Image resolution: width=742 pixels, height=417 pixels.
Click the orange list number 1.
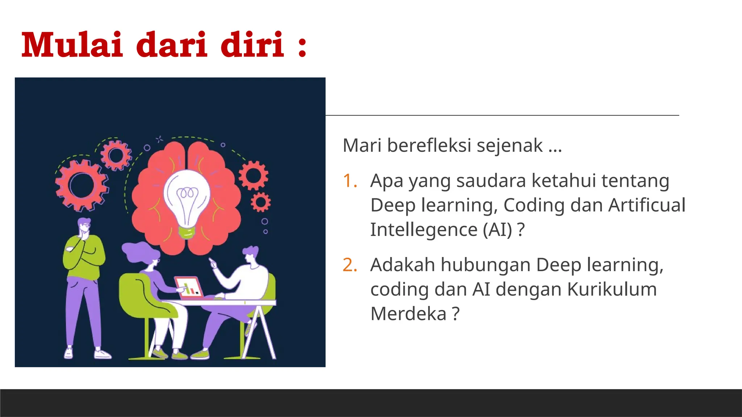point(350,181)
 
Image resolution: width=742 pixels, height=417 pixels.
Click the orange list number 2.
point(350,265)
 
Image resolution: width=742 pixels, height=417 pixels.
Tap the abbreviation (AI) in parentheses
point(497,229)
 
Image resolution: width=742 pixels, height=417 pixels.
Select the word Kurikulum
point(612,289)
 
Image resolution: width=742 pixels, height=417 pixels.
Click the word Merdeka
point(408,313)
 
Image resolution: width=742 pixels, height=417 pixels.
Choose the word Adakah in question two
point(403,265)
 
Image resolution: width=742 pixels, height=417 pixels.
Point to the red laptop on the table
point(188,288)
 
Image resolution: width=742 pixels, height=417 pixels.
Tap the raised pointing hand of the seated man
point(213,264)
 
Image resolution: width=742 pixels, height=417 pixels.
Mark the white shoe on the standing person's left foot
point(102,354)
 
